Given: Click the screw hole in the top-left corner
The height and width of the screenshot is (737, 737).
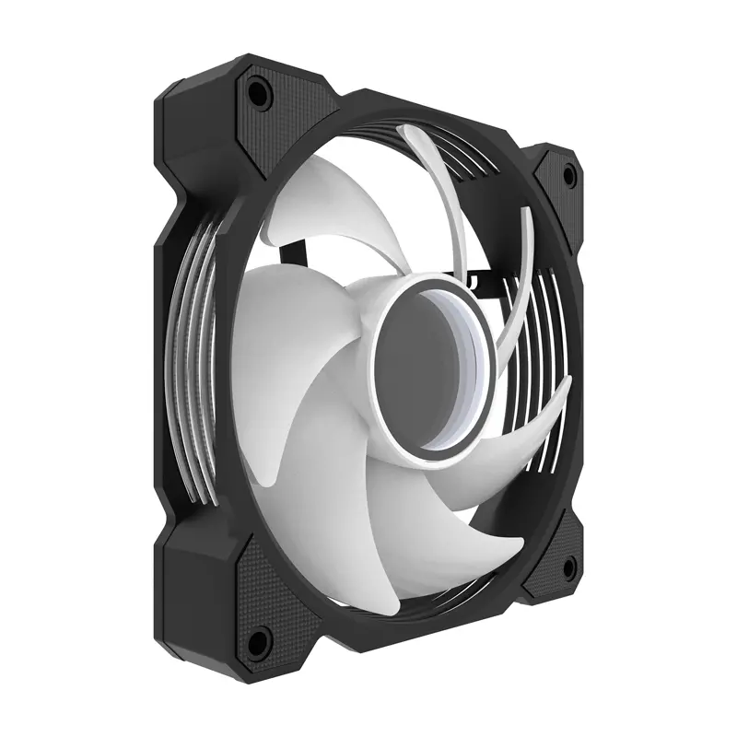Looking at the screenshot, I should pos(257,93).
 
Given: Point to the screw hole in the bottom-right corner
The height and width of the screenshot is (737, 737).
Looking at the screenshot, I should pos(568,564).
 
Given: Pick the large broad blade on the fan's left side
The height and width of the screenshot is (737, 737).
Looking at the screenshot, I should pos(276,368).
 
